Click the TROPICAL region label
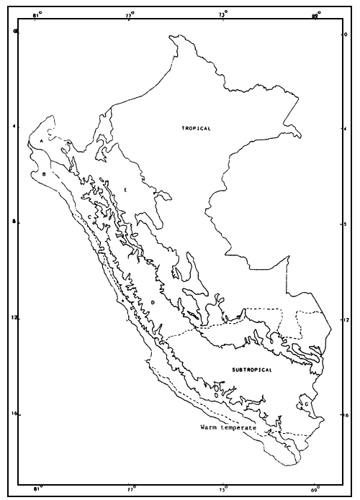click(x=196, y=128)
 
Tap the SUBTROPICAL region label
click(x=252, y=370)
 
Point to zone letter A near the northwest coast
click(x=43, y=141)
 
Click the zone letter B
click(x=45, y=174)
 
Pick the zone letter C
click(x=89, y=216)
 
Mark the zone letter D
click(x=153, y=303)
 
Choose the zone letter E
click(x=126, y=190)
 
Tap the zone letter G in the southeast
click(x=307, y=404)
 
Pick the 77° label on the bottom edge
click(x=130, y=491)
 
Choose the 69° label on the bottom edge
click(x=315, y=491)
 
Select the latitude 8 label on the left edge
click(x=15, y=223)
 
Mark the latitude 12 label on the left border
click(x=15, y=319)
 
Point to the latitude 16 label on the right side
click(x=346, y=415)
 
